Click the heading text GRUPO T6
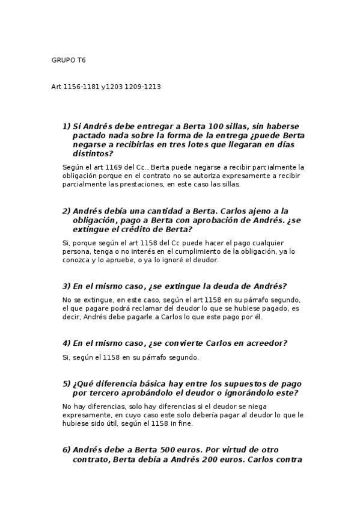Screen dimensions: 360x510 click(69, 60)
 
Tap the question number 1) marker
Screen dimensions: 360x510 click(66, 126)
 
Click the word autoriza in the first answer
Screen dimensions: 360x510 click(224, 176)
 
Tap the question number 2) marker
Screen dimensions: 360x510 click(66, 211)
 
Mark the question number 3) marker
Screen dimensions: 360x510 click(66, 286)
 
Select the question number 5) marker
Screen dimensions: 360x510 click(66, 384)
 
